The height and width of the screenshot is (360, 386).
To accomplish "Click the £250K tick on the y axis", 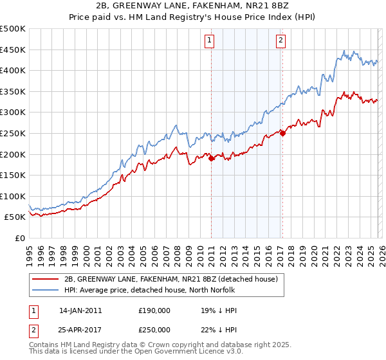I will pos(13,133).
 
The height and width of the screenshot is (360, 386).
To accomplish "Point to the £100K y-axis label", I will pos(13,196).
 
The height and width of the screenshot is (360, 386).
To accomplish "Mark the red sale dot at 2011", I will pos(211,159).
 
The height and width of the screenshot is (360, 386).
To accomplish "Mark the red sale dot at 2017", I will pos(282,134).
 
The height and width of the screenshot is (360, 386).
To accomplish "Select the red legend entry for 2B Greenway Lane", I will pos(170,279).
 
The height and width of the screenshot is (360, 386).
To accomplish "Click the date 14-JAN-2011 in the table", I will pos(80,310).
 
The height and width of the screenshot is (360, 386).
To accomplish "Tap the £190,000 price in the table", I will pos(154,310).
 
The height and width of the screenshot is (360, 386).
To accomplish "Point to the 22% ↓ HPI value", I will pos(219,328).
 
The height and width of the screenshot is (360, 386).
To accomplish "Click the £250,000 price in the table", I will pos(154,328).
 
